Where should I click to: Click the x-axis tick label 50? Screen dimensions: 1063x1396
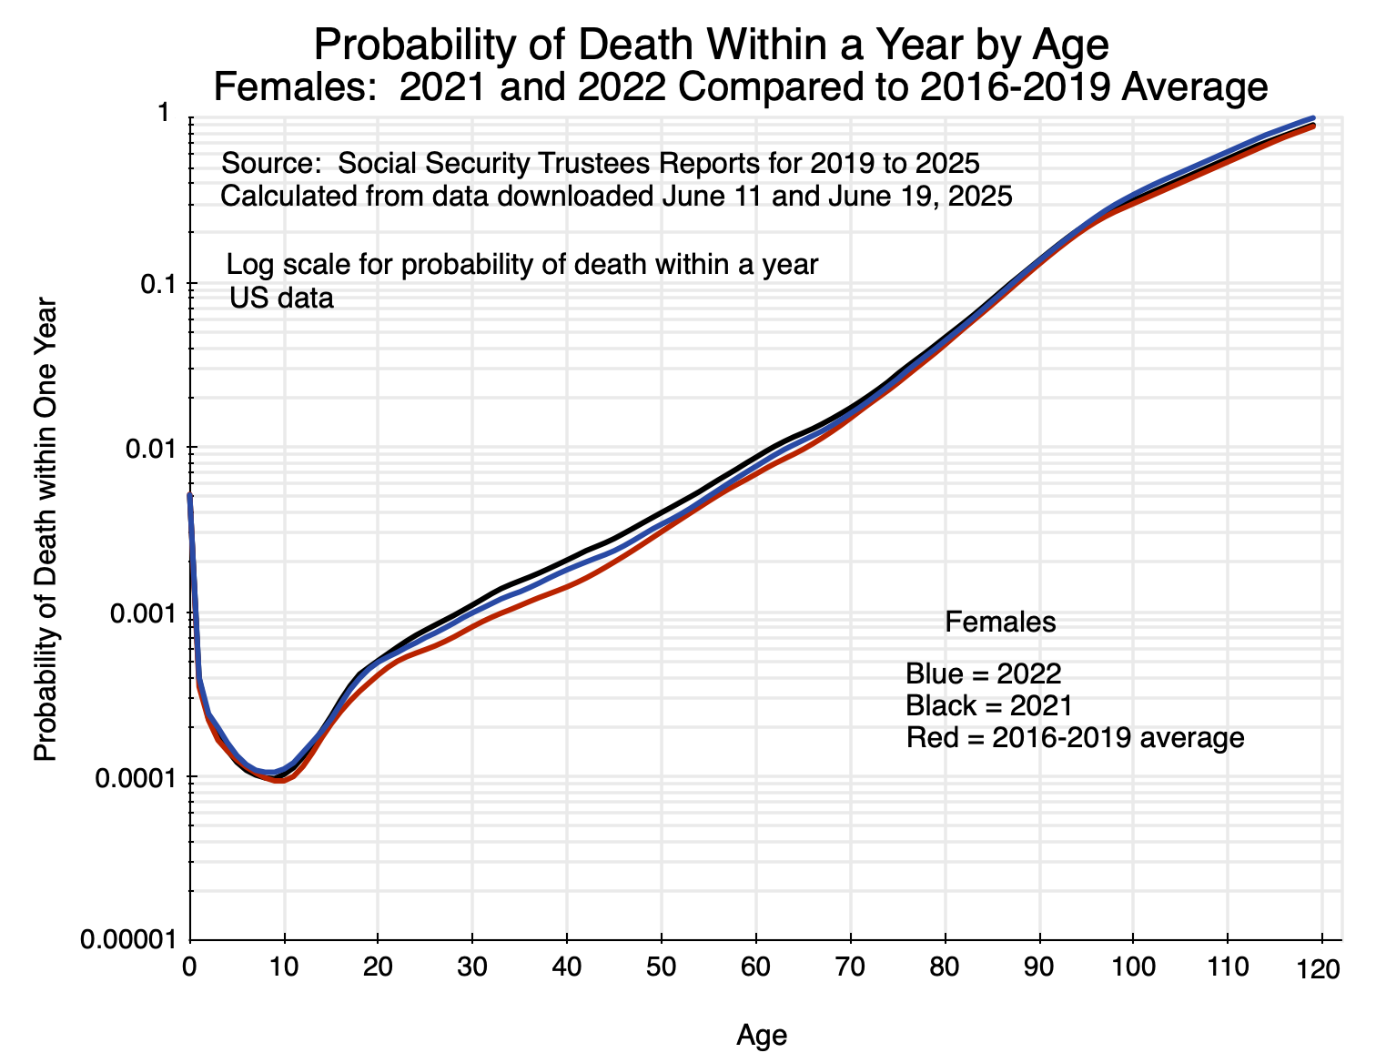tap(663, 967)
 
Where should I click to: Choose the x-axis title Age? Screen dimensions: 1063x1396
tap(762, 1035)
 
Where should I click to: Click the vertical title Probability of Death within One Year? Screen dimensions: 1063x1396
tap(45, 530)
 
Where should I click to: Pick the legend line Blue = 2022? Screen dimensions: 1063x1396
tap(983, 673)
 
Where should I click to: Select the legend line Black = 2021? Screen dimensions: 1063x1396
tap(988, 705)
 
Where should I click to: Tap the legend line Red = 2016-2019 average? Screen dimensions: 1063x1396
tap(1075, 737)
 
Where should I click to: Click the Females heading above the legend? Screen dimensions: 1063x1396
tap(1000, 622)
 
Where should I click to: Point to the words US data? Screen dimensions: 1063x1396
tap(281, 298)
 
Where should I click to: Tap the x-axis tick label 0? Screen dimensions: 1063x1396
tap(190, 967)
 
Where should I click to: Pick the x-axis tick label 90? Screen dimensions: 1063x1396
tap(1039, 967)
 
